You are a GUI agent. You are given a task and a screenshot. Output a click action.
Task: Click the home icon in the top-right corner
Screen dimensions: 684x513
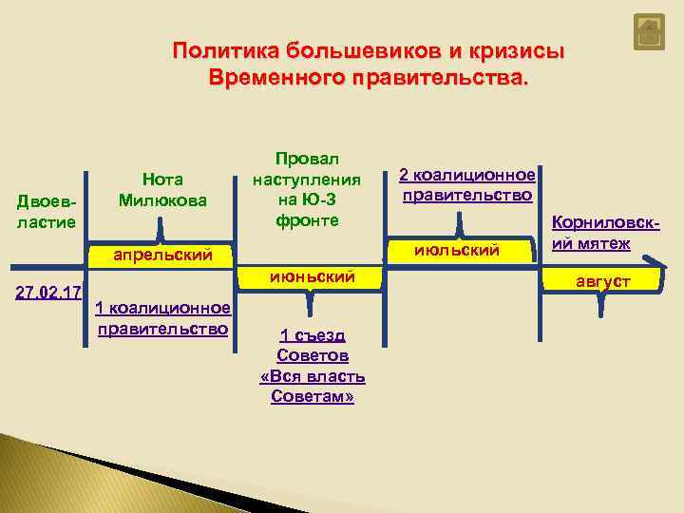tap(648, 33)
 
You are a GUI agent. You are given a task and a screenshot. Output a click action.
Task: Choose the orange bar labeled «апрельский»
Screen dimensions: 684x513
tap(161, 255)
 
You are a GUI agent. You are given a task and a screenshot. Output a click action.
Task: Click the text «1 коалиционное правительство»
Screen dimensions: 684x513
tap(162, 318)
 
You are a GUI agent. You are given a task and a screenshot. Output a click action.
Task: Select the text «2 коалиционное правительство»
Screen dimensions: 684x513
tap(466, 185)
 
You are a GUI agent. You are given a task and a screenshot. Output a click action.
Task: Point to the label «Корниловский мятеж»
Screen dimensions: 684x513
tap(605, 235)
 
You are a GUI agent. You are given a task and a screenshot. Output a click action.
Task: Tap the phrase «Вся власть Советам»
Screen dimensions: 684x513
tap(313, 387)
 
